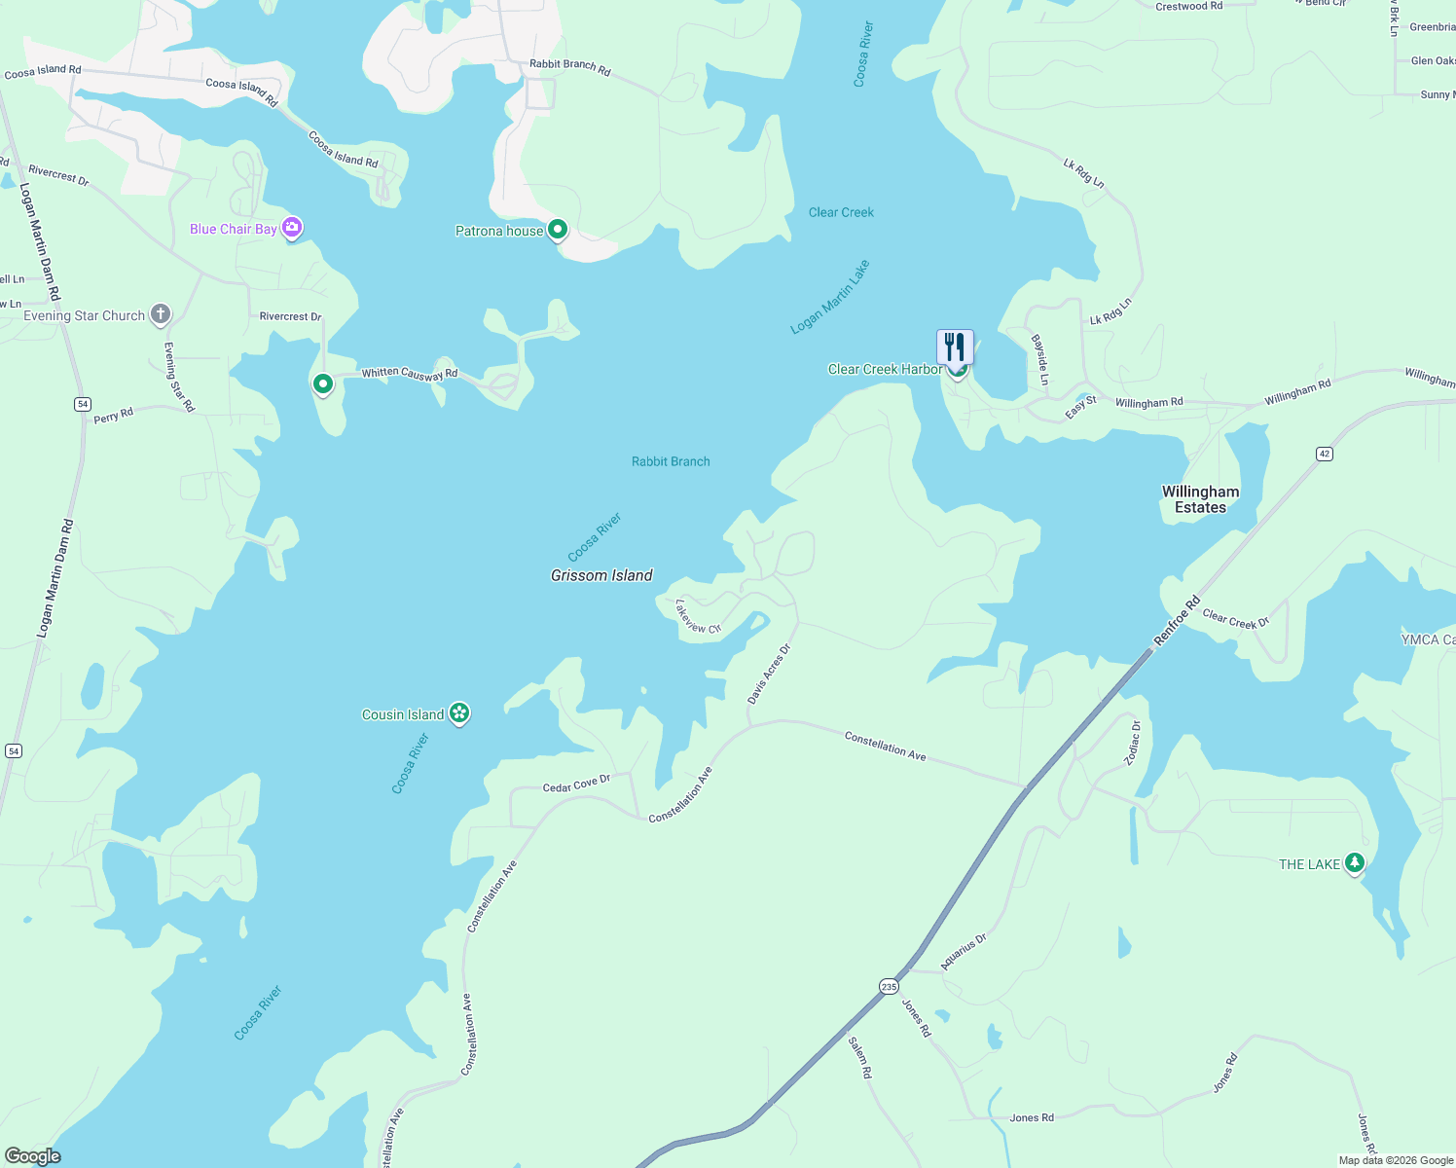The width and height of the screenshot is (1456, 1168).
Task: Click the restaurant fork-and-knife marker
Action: click(x=955, y=347)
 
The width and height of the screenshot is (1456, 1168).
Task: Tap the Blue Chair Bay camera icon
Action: click(x=292, y=228)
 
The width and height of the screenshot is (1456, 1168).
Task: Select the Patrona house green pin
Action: click(x=558, y=230)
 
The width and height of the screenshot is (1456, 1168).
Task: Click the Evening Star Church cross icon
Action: click(x=161, y=314)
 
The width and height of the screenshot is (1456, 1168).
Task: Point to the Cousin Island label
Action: click(x=403, y=714)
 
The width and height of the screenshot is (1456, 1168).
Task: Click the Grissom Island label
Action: click(x=601, y=575)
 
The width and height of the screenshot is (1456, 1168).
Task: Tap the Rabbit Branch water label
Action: click(x=671, y=461)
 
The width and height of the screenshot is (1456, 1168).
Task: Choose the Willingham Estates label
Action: click(x=1200, y=499)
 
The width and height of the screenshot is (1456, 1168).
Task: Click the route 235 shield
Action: click(x=889, y=986)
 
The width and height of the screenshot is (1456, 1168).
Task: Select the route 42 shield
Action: click(x=1324, y=454)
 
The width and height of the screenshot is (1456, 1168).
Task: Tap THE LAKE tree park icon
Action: click(x=1354, y=862)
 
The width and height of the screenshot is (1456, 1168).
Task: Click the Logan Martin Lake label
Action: click(x=830, y=297)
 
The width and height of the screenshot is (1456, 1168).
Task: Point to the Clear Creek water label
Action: click(x=841, y=212)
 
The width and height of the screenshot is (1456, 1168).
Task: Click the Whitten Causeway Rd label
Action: click(x=410, y=373)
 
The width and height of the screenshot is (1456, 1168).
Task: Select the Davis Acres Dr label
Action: click(x=769, y=674)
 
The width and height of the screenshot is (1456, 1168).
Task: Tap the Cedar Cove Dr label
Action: click(x=576, y=784)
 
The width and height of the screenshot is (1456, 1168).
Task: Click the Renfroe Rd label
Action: click(x=1178, y=620)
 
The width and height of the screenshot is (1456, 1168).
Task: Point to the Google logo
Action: click(x=32, y=1156)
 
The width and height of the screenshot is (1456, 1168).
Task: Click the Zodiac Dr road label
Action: click(x=1133, y=743)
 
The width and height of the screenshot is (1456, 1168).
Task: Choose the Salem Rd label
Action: click(x=859, y=1057)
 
